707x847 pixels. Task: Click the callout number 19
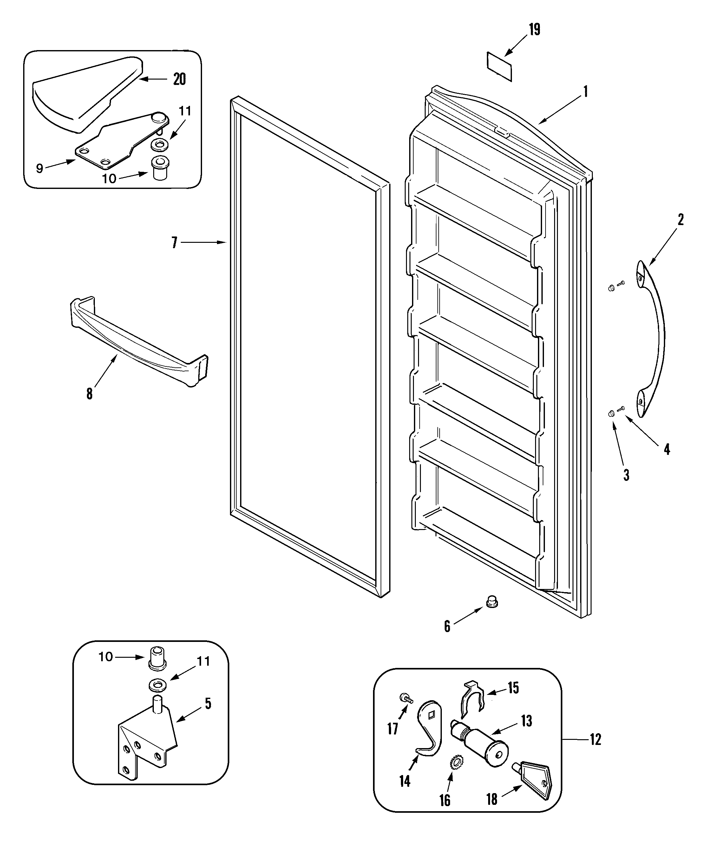coord(535,29)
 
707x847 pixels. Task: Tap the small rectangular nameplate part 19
coord(500,67)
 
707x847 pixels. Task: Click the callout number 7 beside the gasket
coord(174,242)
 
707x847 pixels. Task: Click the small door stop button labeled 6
coord(491,613)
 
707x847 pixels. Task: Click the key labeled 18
coord(535,780)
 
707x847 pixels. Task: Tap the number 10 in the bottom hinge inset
coord(106,657)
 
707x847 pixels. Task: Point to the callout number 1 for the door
coord(585,92)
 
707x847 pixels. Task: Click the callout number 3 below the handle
coord(626,475)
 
